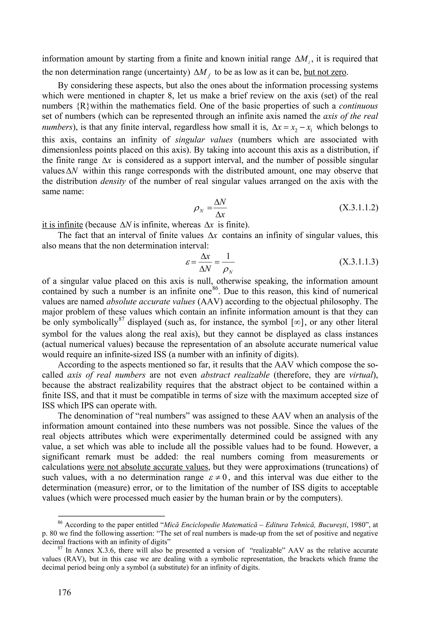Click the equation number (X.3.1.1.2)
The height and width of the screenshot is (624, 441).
click(x=359, y=208)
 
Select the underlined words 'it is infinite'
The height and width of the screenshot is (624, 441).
click(x=62, y=225)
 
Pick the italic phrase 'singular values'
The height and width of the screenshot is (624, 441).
click(x=204, y=140)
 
